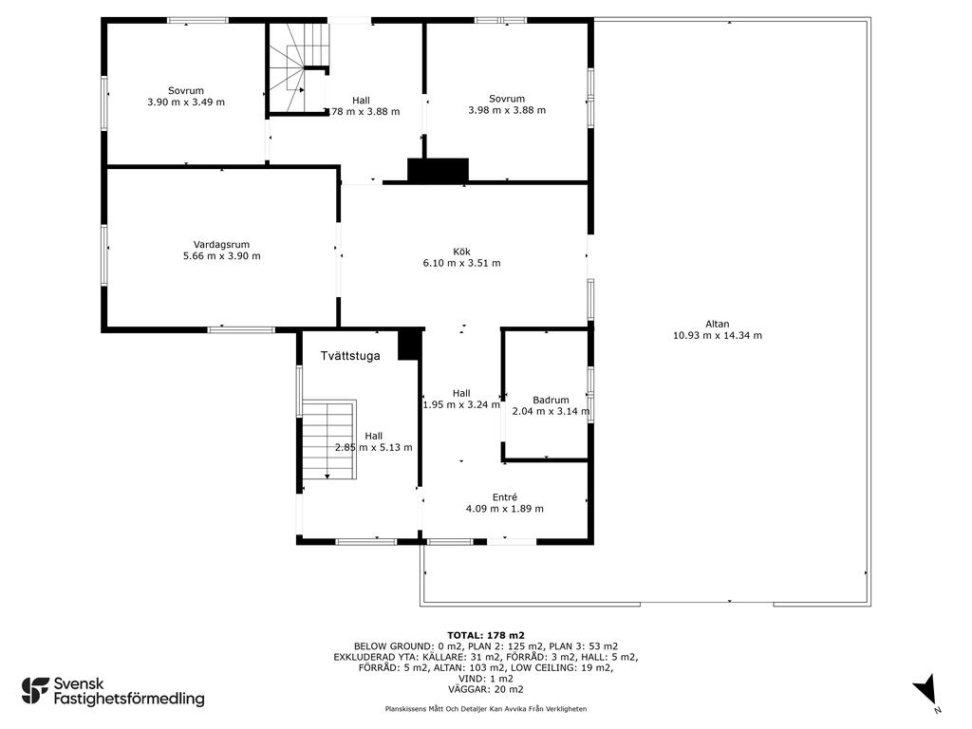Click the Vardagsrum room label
click(x=221, y=244)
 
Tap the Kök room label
click(x=462, y=252)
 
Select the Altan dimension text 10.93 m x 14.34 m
click(x=718, y=335)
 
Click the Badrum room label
click(x=551, y=400)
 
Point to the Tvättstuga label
click(x=350, y=356)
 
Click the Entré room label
click(x=505, y=497)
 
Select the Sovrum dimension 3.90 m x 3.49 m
click(x=186, y=103)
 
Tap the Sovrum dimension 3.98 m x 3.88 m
click(x=507, y=110)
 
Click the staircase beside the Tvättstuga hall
click(x=329, y=439)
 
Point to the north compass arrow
click(x=925, y=689)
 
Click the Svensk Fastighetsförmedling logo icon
click(x=35, y=691)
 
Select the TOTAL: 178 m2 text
click(x=486, y=635)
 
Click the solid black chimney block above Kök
click(x=438, y=171)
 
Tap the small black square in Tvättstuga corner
click(x=409, y=345)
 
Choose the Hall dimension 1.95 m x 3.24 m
click(x=461, y=404)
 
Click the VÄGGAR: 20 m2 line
click(x=486, y=689)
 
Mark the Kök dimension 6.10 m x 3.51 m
click(x=462, y=263)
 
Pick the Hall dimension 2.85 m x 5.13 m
click(x=373, y=448)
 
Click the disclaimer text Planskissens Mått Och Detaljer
click(x=486, y=708)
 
